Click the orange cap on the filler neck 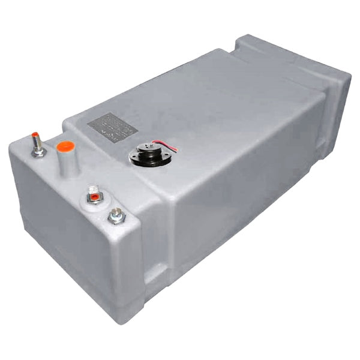point(65,146)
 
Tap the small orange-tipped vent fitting point(35,135)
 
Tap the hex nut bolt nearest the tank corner point(116,215)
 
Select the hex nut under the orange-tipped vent point(39,152)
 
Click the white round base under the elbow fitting point(94,200)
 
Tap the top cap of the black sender point(146,147)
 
